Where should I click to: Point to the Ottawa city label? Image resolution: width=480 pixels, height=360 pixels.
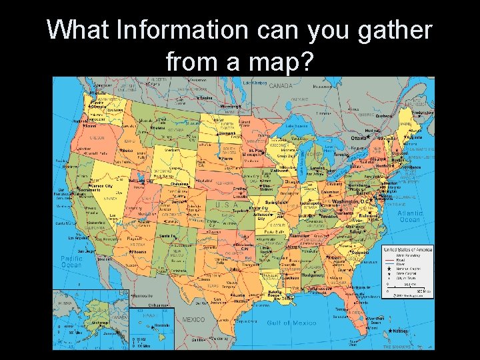pyautogui.click(x=358, y=138)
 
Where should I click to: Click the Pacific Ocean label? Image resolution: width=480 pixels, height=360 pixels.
pyautogui.click(x=71, y=261)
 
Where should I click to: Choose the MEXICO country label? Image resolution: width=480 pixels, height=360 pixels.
pyautogui.click(x=194, y=319)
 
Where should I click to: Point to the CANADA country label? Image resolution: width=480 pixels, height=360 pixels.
pyautogui.click(x=281, y=86)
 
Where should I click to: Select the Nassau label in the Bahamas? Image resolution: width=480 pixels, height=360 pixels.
pyautogui.click(x=399, y=331)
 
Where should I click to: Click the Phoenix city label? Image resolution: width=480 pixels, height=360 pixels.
pyautogui.click(x=138, y=252)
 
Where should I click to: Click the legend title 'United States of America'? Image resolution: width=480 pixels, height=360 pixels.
pyautogui.click(x=407, y=249)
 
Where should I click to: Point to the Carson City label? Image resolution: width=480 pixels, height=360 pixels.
pyautogui.click(x=99, y=186)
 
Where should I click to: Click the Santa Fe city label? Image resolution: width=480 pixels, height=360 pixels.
pyautogui.click(x=167, y=236)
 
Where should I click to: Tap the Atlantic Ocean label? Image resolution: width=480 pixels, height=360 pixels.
pyautogui.click(x=409, y=216)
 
